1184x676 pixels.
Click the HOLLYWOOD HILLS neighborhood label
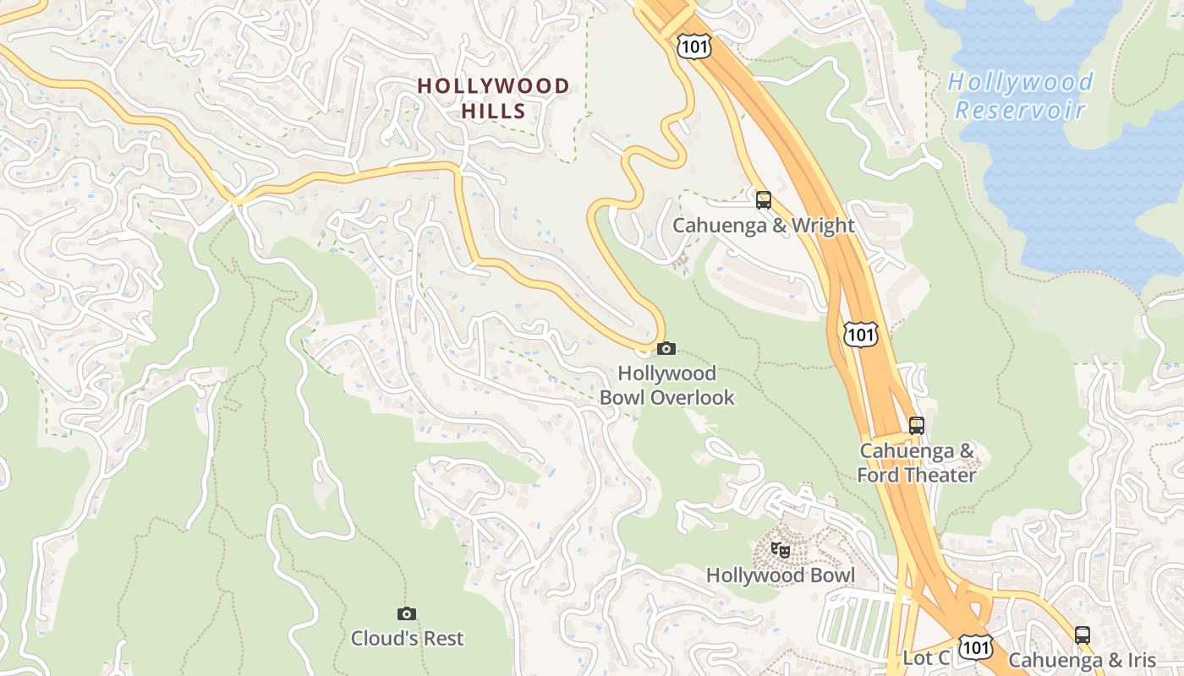[494, 98]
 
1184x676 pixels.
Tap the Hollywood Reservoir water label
[1020, 95]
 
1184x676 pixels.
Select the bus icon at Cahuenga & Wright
[764, 200]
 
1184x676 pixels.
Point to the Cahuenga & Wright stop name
[764, 226]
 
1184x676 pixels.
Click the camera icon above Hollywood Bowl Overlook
[666, 348]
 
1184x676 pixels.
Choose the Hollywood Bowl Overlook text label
[666, 385]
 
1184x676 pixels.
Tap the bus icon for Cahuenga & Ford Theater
[917, 425]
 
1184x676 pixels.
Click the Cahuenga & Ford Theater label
[917, 463]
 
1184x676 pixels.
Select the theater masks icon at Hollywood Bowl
[781, 550]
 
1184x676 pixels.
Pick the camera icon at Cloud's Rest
[407, 613]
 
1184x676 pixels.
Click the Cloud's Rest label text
[408, 638]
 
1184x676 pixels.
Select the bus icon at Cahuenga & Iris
[1083, 635]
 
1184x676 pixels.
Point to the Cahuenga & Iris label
[1082, 660]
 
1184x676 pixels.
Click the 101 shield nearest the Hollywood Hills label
[693, 47]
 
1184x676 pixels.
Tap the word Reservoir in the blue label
[1020, 110]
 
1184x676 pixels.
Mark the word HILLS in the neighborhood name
[494, 111]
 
